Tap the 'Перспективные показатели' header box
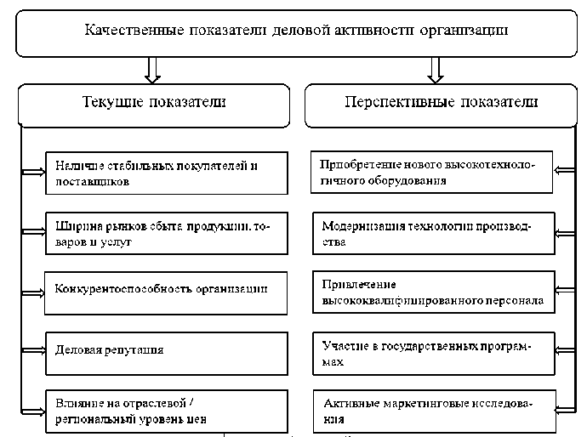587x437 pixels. tap(441, 103)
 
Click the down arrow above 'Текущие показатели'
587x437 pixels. tap(153, 68)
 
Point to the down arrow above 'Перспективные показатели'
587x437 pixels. tap(436, 68)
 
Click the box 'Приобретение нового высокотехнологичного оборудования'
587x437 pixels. tap(431, 173)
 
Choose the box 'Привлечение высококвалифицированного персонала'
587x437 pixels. tap(431, 292)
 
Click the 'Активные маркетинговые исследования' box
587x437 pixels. tap(431, 411)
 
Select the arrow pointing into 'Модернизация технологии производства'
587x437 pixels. tap(562, 233)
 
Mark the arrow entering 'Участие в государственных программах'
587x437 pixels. tap(562, 350)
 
